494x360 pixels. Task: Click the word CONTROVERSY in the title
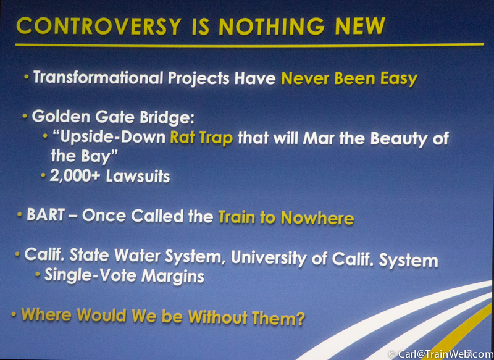point(99,26)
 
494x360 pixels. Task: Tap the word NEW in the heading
point(360,26)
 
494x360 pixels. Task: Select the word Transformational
point(98,77)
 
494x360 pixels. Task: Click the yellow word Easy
point(399,79)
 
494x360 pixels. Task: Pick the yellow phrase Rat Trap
point(202,138)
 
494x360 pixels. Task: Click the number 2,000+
point(75,176)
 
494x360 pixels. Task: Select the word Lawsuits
point(138,177)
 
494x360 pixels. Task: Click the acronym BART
point(46,215)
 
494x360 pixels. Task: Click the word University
point(269,258)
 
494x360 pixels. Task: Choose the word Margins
point(173,276)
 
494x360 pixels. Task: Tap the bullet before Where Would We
point(14,314)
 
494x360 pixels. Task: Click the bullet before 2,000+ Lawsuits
point(43,175)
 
